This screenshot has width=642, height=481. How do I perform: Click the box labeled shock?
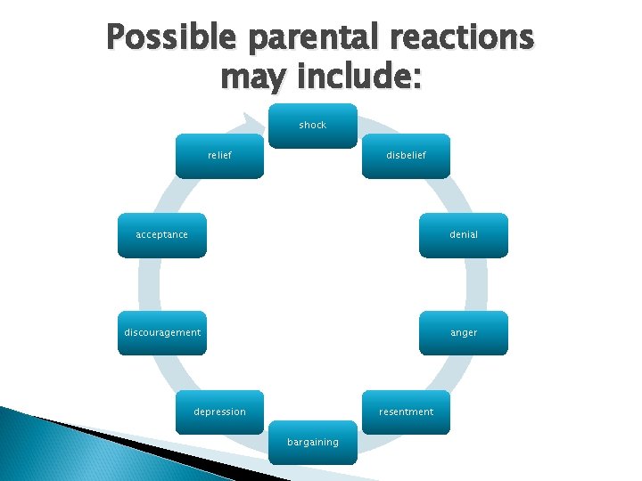[313, 126]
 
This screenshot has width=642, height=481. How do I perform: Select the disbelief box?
[406, 156]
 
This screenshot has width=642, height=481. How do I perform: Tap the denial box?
[463, 235]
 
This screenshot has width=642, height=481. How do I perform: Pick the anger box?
[463, 333]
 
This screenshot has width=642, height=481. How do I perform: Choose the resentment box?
[406, 412]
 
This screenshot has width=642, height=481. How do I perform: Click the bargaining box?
[313, 443]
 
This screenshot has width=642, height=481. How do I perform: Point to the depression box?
[219, 412]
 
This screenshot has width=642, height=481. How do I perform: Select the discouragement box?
[162, 333]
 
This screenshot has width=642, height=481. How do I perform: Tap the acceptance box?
[162, 235]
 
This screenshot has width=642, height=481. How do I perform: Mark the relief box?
[219, 156]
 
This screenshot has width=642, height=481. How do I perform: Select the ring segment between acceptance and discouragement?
[149, 284]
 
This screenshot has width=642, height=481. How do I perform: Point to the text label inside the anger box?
[464, 333]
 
